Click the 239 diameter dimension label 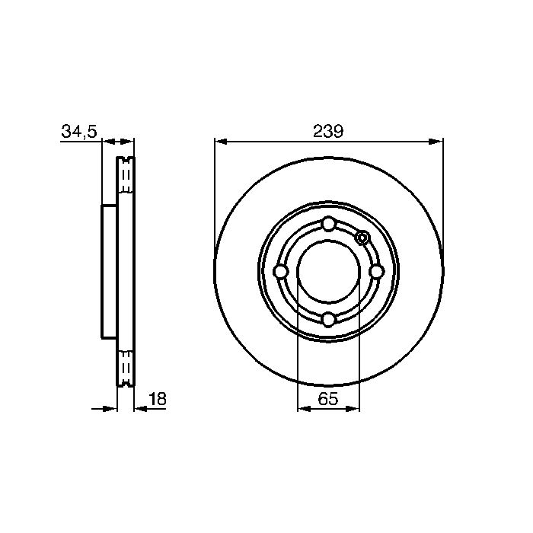[328, 131]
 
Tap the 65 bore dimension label [328, 398]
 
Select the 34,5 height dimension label [79, 132]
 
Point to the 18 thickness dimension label [158, 398]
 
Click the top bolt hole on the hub [329, 225]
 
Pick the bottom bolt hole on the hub [329, 320]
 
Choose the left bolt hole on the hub [281, 272]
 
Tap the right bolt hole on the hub [377, 272]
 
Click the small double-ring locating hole [362, 238]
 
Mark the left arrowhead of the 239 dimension [221, 142]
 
